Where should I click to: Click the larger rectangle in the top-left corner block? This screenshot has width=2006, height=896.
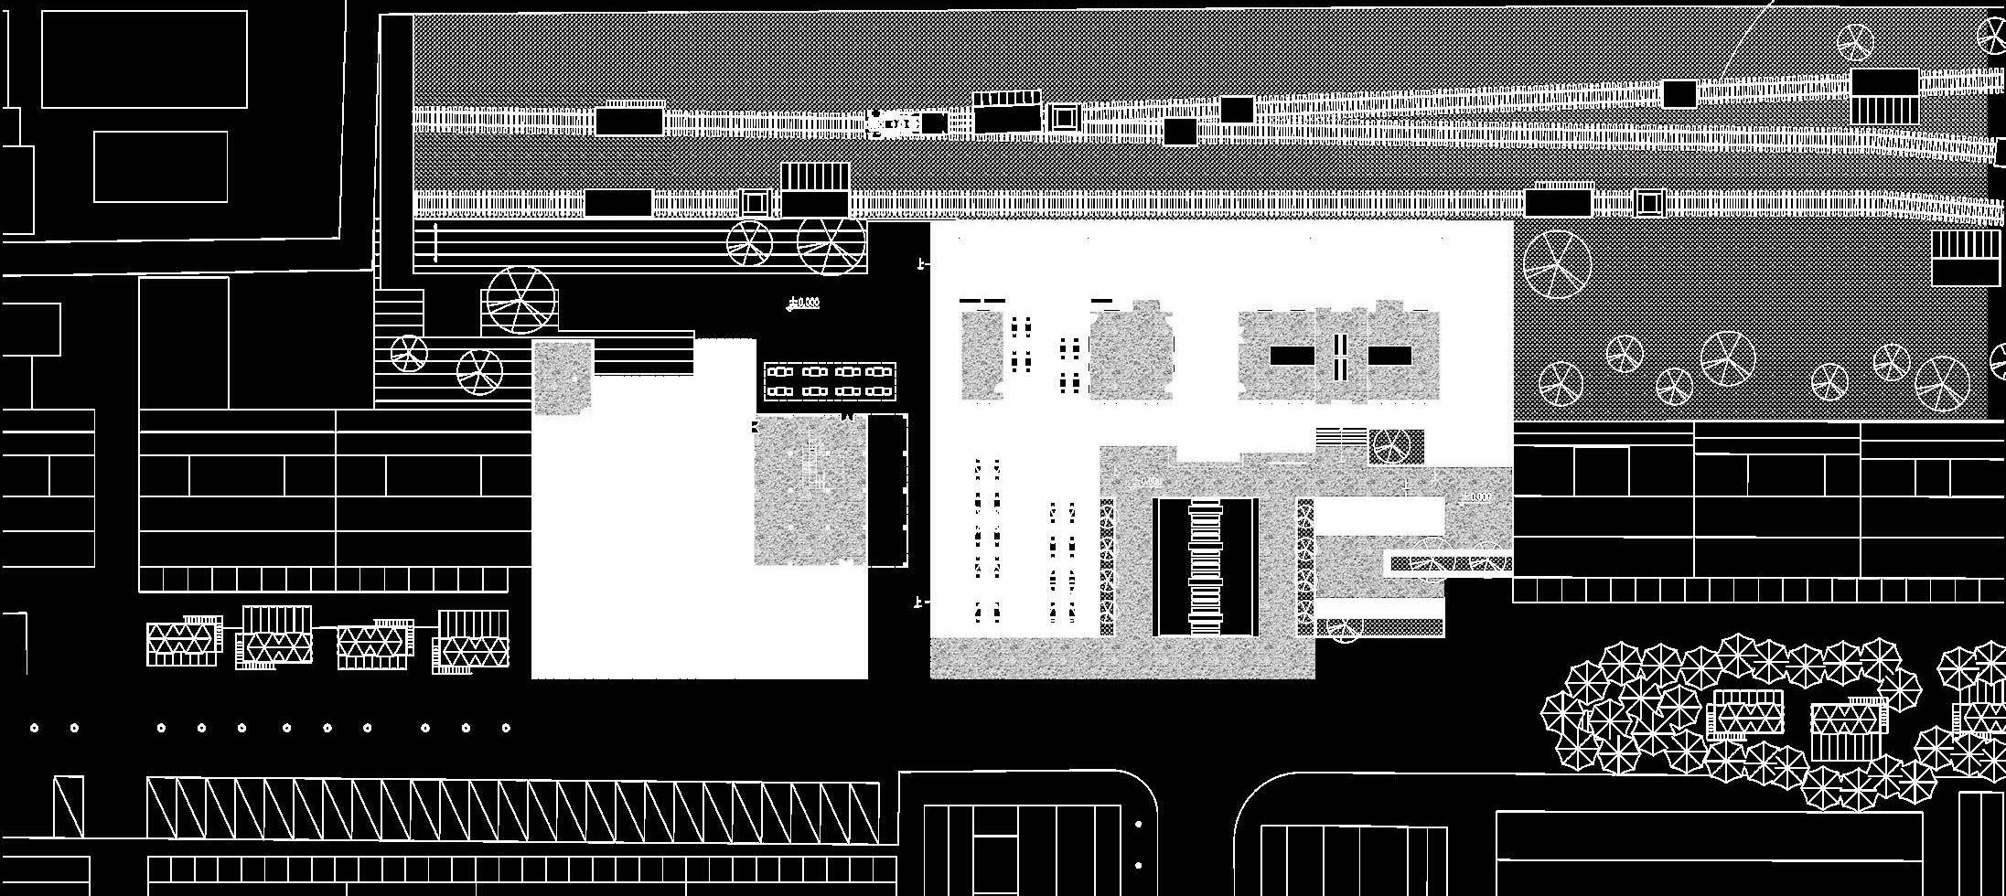[x=145, y=59]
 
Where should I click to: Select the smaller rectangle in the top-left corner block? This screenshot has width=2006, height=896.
[x=161, y=166]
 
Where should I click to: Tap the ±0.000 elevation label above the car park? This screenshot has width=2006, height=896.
[x=804, y=303]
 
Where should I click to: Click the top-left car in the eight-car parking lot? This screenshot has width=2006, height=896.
[x=779, y=372]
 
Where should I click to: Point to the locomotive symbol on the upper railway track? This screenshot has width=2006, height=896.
[x=893, y=123]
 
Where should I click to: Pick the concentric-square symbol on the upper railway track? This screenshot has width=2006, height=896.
[x=1064, y=117]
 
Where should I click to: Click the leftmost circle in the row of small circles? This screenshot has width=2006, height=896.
[x=34, y=728]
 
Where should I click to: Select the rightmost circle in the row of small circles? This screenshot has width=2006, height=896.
[x=506, y=728]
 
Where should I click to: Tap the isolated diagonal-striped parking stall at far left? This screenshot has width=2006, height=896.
[x=68, y=806]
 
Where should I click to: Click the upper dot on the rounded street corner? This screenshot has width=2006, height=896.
[x=1138, y=825]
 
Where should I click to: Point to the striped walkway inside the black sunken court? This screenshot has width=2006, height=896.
[x=1206, y=567]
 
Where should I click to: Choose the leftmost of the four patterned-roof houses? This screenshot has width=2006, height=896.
[x=185, y=642]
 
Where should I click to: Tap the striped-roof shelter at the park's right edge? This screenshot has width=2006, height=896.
[x=1966, y=258]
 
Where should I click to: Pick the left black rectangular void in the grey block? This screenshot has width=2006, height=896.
[x=1292, y=356]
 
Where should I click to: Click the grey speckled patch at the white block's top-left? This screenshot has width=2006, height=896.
[x=563, y=378]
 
